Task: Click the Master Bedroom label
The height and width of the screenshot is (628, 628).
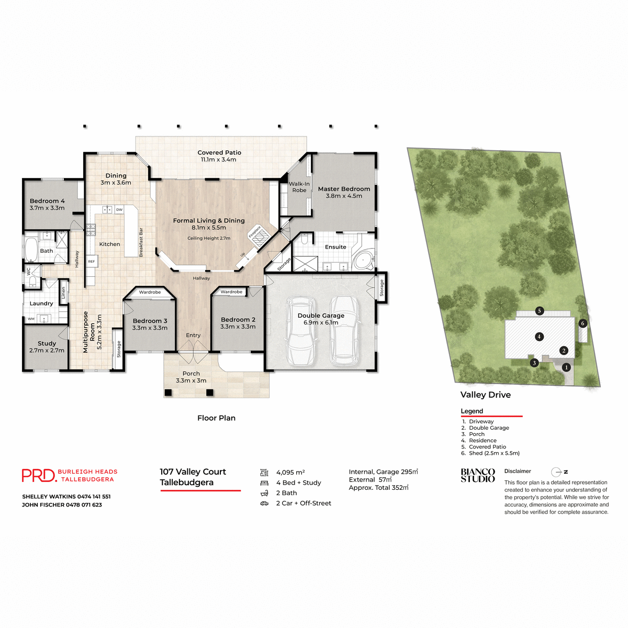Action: [x=344, y=189]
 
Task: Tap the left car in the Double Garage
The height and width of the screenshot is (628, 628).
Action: [x=301, y=331]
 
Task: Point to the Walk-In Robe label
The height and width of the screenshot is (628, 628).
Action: [x=299, y=187]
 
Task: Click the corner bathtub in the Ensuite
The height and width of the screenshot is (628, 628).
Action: [x=363, y=260]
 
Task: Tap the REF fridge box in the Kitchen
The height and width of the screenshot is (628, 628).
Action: [x=92, y=261]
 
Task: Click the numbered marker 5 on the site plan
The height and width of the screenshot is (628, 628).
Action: [x=539, y=311]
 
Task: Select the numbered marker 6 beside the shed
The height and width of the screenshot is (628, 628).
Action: [x=582, y=323]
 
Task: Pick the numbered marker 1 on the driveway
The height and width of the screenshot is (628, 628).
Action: [x=566, y=367]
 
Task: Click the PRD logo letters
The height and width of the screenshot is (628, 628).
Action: [x=38, y=475]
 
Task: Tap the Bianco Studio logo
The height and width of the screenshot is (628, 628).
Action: [x=477, y=475]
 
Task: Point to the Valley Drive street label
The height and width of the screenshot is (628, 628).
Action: [x=485, y=395]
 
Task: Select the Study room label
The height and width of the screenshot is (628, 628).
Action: [x=47, y=343]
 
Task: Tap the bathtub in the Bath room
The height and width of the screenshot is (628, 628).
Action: [x=31, y=250]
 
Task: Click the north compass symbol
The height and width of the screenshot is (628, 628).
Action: [x=557, y=472]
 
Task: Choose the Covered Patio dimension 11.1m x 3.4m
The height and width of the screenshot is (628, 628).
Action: [x=219, y=160]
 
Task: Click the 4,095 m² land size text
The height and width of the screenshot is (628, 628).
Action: [x=290, y=473]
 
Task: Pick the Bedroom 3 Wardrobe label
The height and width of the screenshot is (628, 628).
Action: [x=150, y=292]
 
